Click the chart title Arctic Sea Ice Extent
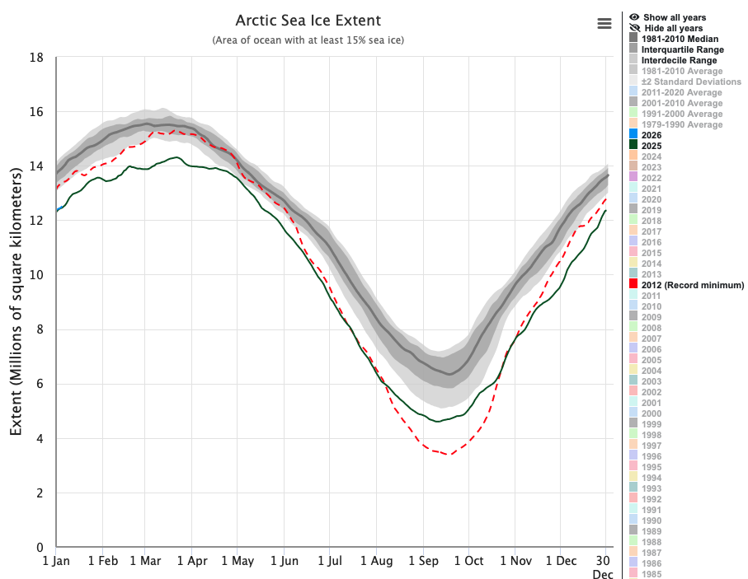click(308, 20)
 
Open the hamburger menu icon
click(605, 23)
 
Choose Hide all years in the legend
click(674, 28)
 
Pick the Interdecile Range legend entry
click(679, 60)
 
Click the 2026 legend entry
click(652, 135)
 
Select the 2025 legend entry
click(652, 146)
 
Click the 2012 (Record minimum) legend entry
click(692, 285)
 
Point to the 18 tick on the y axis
click(36, 58)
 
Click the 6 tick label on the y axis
click(40, 384)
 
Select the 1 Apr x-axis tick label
click(191, 561)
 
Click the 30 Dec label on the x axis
click(603, 567)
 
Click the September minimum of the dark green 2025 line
click(435, 422)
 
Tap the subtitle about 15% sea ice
click(308, 40)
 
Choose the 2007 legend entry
click(652, 339)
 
